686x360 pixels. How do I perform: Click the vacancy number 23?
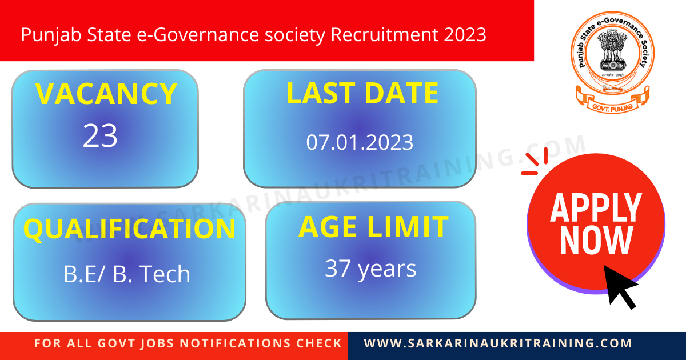click(101, 136)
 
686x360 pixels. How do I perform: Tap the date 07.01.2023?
click(360, 142)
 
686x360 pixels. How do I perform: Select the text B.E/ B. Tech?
click(127, 274)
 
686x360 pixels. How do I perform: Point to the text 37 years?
click(370, 268)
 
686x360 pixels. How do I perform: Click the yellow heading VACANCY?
click(106, 94)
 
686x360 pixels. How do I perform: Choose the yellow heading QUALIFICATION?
click(129, 229)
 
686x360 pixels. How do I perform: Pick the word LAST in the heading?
click(317, 94)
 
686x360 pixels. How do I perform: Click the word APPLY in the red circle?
click(596, 208)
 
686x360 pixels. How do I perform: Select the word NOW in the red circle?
click(596, 241)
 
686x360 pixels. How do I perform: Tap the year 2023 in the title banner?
click(464, 35)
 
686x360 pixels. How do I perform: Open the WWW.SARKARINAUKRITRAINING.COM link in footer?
click(498, 344)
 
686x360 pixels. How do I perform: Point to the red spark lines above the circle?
click(536, 161)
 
